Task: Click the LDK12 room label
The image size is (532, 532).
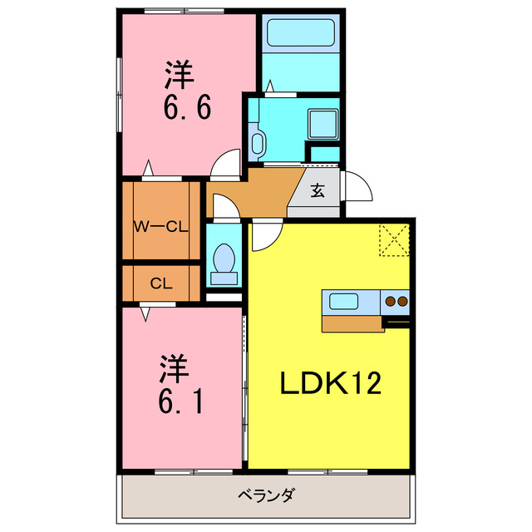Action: (x=330, y=383)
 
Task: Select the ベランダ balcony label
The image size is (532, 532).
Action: (x=266, y=497)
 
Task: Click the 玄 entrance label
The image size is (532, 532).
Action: (x=318, y=190)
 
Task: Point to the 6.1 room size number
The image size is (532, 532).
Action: (x=178, y=403)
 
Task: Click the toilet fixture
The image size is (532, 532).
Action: (x=223, y=259)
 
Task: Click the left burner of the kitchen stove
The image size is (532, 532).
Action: (x=389, y=301)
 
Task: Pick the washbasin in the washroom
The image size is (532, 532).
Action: (x=257, y=142)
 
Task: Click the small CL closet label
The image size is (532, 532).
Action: (x=161, y=283)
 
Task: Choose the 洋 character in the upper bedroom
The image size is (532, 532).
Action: (x=180, y=75)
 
